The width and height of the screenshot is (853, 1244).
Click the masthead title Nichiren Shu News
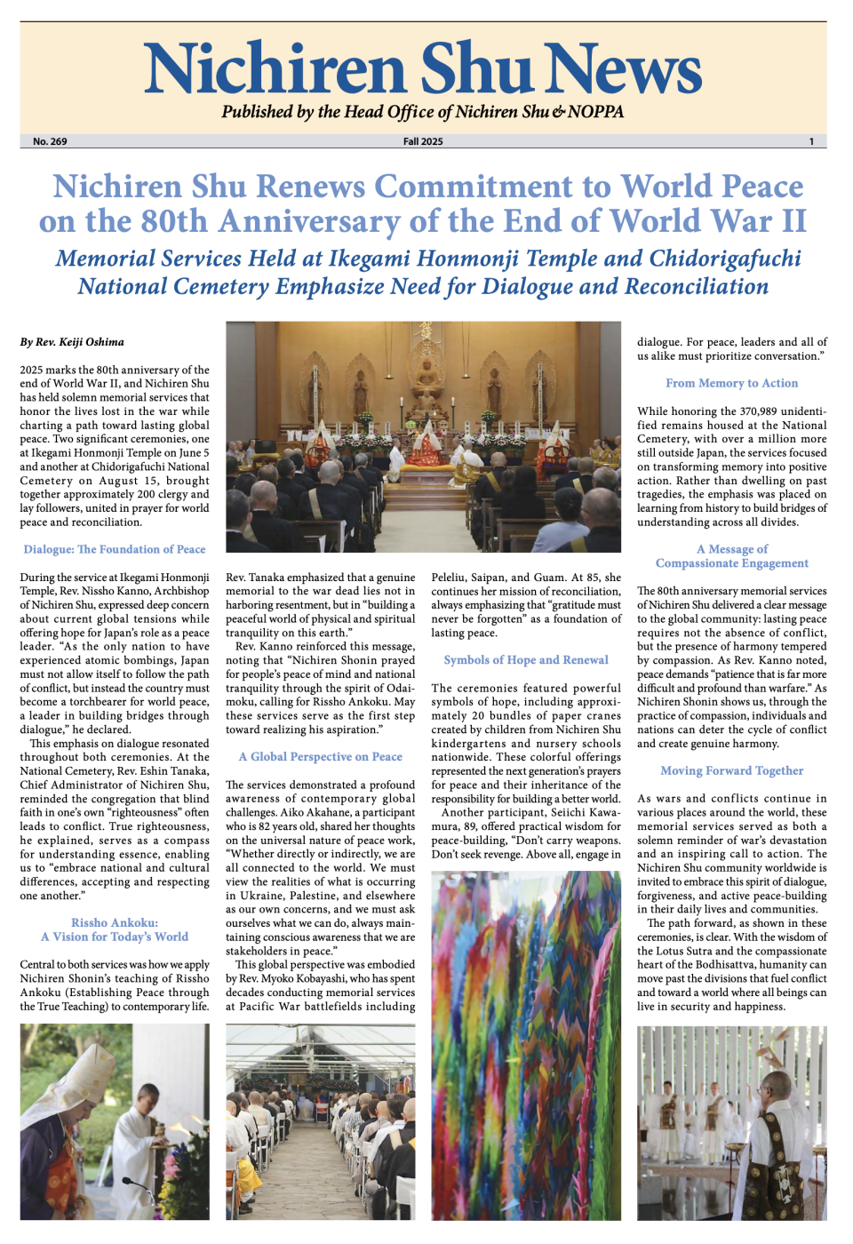(x=423, y=68)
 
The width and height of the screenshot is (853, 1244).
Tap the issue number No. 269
(x=50, y=141)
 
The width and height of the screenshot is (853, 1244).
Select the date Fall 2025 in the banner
(x=423, y=141)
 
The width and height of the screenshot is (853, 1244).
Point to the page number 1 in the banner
(x=810, y=141)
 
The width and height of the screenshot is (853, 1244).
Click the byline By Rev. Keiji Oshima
(x=72, y=342)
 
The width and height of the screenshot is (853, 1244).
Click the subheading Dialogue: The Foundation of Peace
(x=115, y=549)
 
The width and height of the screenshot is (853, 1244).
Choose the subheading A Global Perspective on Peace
(x=320, y=756)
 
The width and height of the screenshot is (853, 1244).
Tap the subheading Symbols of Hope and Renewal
(x=526, y=659)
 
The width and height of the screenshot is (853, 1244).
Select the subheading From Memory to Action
(x=731, y=383)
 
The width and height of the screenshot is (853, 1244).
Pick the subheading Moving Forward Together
(x=731, y=770)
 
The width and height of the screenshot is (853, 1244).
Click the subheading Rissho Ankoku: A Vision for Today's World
(x=115, y=929)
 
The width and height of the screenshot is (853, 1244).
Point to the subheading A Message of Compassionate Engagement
(x=731, y=555)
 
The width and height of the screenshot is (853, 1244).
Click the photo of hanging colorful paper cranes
(x=526, y=1044)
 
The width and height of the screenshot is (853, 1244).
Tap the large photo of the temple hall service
(x=423, y=435)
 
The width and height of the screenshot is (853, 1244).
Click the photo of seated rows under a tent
(x=320, y=1121)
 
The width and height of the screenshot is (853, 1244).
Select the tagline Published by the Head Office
(x=423, y=112)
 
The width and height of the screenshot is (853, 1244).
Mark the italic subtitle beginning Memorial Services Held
(x=426, y=272)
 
